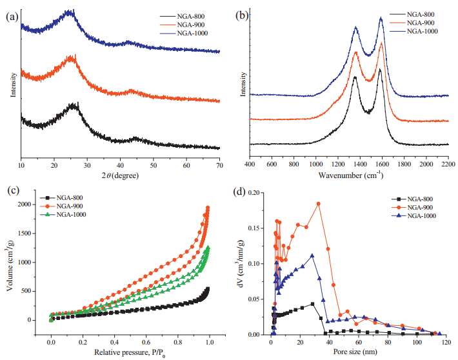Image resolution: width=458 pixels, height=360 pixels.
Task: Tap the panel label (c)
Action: coord(12,192)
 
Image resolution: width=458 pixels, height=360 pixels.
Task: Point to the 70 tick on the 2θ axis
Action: coord(220,166)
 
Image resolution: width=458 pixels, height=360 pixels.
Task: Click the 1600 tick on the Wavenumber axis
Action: coord(382,166)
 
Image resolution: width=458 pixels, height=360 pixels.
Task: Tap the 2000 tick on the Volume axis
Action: coord(37,205)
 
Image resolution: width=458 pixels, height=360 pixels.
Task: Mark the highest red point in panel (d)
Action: coord(319,204)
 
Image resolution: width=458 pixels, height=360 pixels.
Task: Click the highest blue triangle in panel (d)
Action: coord(313,255)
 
